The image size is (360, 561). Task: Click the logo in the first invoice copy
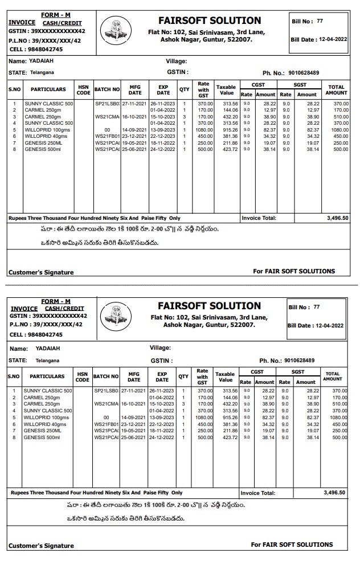(115, 30)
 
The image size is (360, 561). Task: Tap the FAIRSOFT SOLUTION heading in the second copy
(209, 306)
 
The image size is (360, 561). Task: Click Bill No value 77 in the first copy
(320, 21)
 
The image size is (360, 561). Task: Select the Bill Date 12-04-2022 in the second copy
(329, 326)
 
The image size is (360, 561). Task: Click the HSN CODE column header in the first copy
(83, 90)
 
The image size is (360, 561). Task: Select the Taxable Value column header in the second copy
(226, 377)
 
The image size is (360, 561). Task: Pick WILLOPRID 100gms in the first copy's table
(47, 130)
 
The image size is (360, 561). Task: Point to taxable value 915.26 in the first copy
(231, 130)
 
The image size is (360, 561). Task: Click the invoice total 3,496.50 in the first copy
(338, 218)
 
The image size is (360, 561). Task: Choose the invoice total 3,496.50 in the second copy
(334, 492)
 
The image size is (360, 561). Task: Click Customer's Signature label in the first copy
(41, 272)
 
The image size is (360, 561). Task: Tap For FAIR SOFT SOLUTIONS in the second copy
(292, 544)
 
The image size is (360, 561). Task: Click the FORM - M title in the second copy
(56, 301)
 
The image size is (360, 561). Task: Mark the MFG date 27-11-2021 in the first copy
(134, 104)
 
